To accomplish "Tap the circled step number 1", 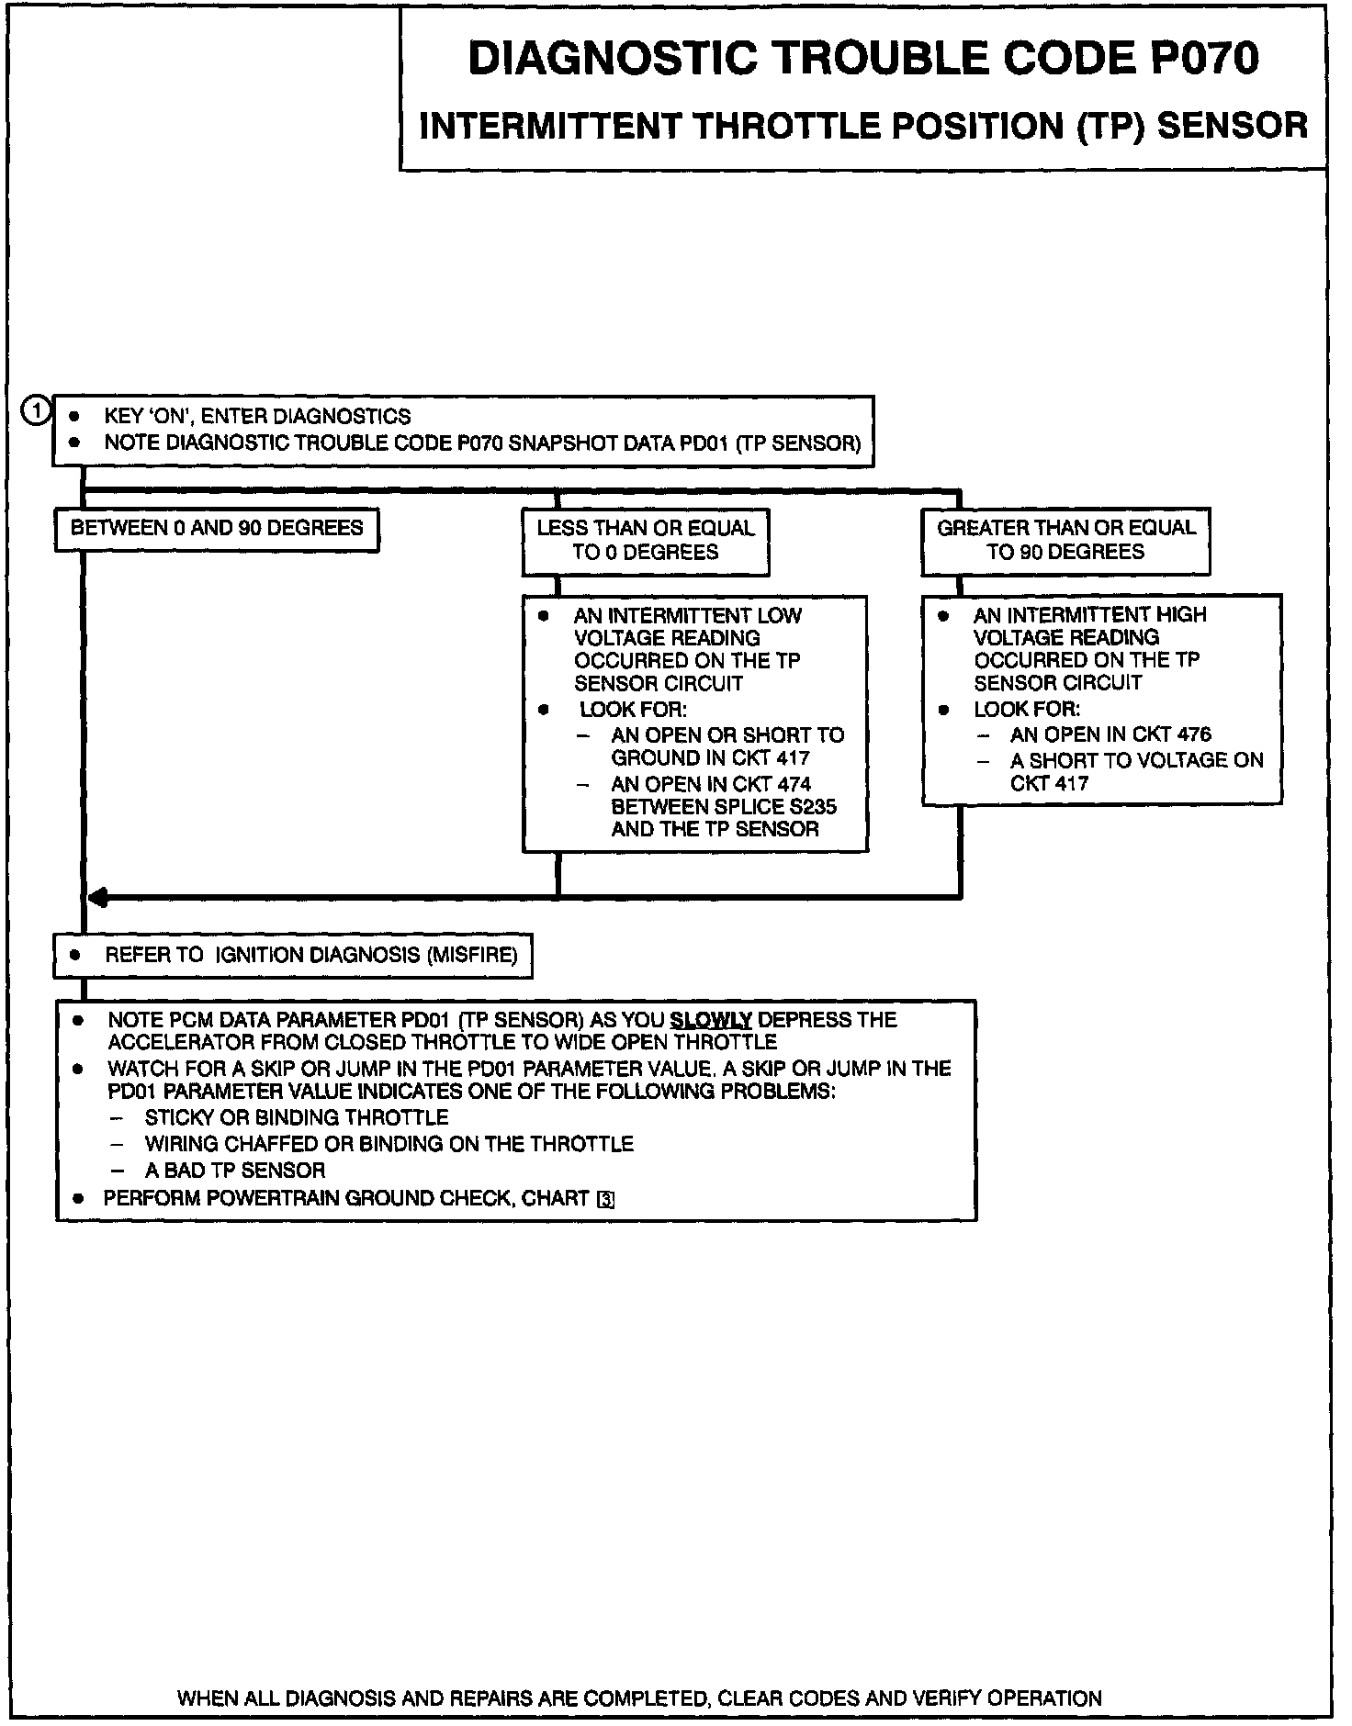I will pyautogui.click(x=35, y=411).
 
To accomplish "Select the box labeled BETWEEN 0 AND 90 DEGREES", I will pyautogui.click(x=217, y=529).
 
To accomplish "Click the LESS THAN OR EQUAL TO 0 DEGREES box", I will pyautogui.click(x=646, y=540).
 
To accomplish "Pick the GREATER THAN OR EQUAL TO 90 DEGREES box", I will pyautogui.click(x=1065, y=540).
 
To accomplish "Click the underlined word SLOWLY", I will pyautogui.click(x=711, y=1020).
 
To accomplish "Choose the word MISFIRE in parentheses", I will pyautogui.click(x=472, y=955).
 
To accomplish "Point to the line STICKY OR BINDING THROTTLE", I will pyautogui.click(x=296, y=1118).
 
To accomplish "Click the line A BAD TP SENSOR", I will pyautogui.click(x=235, y=1171).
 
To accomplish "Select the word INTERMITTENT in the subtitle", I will pyautogui.click(x=550, y=126).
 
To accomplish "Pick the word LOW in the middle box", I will pyautogui.click(x=779, y=616).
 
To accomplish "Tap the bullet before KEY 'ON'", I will pyautogui.click(x=75, y=417).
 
